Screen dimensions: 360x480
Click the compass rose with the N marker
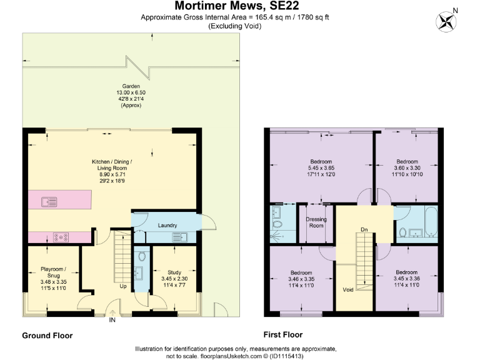coord(446,22)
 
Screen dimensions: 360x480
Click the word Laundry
coord(167,225)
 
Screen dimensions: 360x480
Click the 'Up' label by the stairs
coord(123,287)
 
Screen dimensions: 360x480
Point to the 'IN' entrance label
coord(112,320)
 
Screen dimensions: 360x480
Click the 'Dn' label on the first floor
coord(364,229)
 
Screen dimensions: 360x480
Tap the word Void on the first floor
coord(348,290)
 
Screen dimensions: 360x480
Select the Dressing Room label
coord(317,222)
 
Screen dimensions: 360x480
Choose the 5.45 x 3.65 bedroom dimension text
coord(321,167)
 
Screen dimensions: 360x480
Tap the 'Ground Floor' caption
coord(47,336)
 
